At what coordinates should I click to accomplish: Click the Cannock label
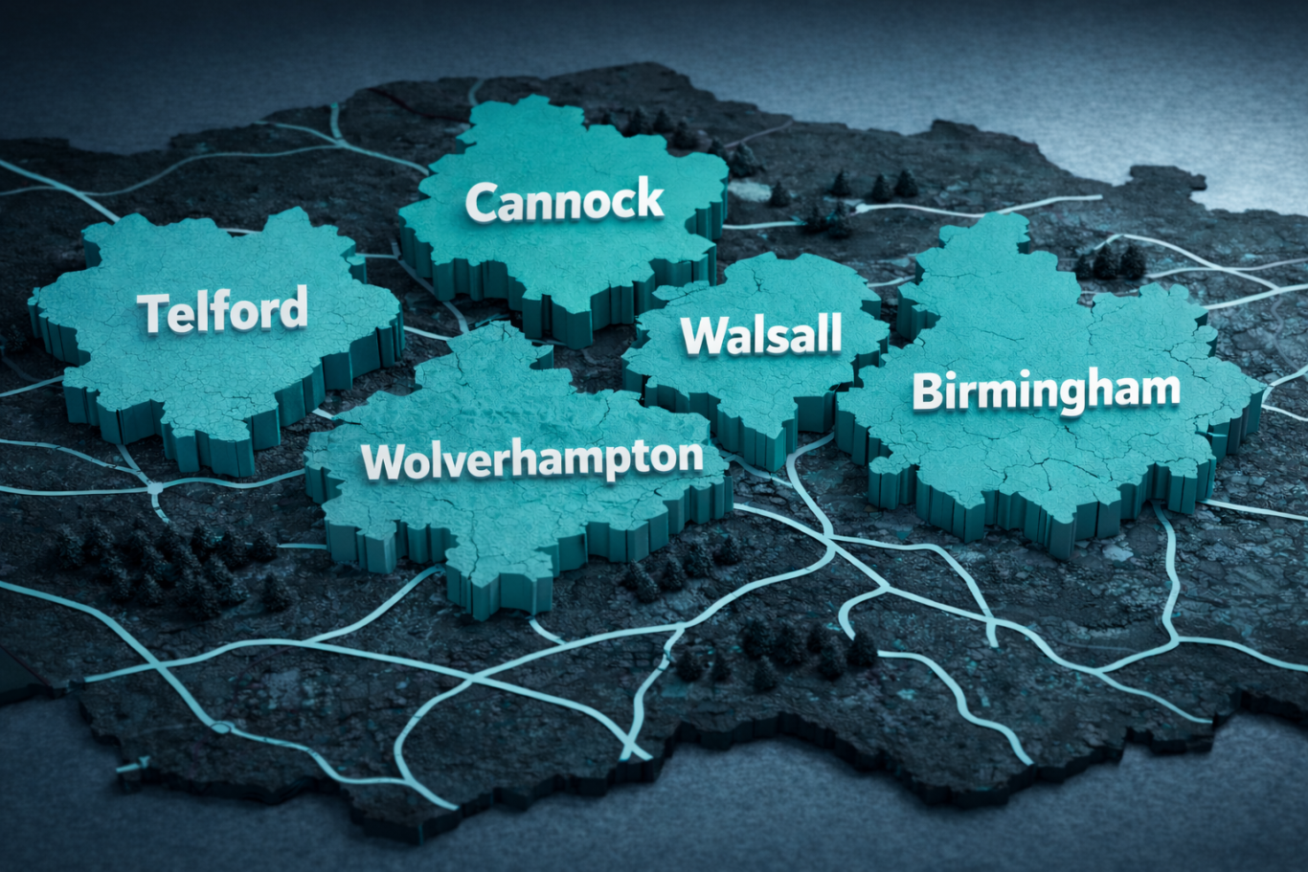564,202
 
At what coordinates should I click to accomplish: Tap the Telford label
223,310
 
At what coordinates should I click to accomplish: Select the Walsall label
761,335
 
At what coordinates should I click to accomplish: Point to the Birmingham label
1046,391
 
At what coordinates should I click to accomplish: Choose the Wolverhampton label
532,460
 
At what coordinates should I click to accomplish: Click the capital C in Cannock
484,204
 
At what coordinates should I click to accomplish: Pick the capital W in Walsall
703,336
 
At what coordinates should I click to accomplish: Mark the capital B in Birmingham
929,392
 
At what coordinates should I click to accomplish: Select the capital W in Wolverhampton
385,463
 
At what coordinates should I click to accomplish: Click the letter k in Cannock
648,199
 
